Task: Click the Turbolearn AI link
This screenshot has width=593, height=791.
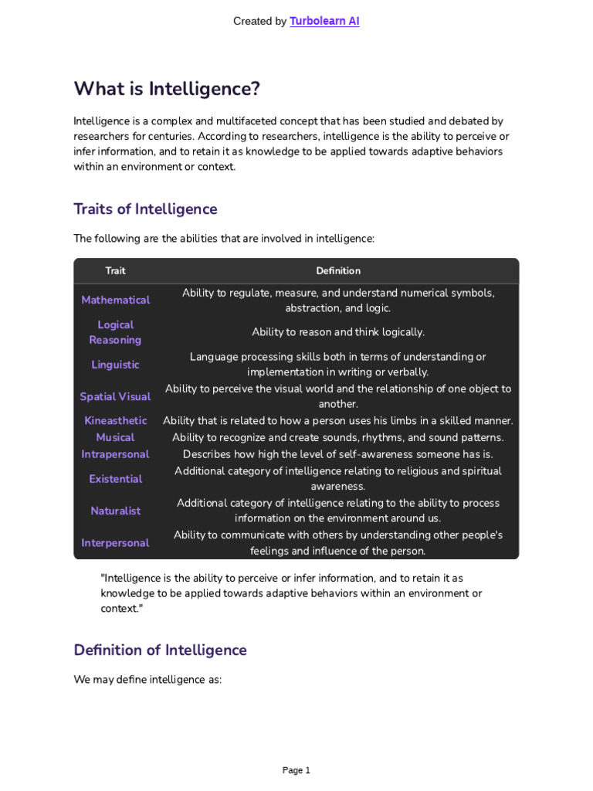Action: [x=324, y=22]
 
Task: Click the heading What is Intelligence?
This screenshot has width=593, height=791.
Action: [x=167, y=89]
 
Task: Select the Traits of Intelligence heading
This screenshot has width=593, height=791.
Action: [x=145, y=209]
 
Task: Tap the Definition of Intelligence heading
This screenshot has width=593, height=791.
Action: [x=160, y=650]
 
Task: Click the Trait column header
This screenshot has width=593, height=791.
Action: [x=115, y=271]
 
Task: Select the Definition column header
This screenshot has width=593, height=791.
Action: [x=338, y=271]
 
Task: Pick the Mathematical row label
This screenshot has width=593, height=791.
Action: [x=115, y=300]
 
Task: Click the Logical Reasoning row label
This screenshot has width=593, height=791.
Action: [x=115, y=332]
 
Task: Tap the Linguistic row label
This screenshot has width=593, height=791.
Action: [x=115, y=365]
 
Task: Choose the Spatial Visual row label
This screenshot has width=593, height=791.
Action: [x=115, y=396]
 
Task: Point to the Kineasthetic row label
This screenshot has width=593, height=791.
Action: [x=115, y=421]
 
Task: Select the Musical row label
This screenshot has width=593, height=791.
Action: [x=115, y=437]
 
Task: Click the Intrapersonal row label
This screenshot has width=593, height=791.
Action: [x=115, y=454]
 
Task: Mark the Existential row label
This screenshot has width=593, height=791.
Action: [x=115, y=479]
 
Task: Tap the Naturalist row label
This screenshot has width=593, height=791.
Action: [x=115, y=511]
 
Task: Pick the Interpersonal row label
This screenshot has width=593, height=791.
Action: [x=115, y=543]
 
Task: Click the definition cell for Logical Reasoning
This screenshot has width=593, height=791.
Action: [x=338, y=332]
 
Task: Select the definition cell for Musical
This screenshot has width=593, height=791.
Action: [x=338, y=437]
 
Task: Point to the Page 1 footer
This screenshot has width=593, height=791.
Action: [x=296, y=770]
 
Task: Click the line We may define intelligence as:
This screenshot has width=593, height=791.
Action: [x=147, y=680]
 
